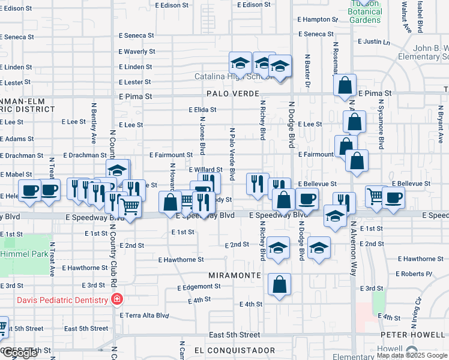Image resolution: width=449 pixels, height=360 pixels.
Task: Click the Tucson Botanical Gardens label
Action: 365,12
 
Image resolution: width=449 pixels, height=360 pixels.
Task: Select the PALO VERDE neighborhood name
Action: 232,94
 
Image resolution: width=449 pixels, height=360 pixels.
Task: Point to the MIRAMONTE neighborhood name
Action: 234,275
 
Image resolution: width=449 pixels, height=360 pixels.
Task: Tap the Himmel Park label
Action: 24,254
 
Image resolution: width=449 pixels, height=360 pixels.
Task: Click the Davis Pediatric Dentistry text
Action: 62,300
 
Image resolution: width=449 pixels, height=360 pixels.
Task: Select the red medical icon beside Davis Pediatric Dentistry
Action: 118,300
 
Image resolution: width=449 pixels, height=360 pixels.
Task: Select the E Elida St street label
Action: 202,110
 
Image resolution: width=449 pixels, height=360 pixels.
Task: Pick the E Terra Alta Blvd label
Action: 144,315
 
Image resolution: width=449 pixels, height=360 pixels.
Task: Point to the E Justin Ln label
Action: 373,42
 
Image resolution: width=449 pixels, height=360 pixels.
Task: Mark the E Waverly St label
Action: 137,52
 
